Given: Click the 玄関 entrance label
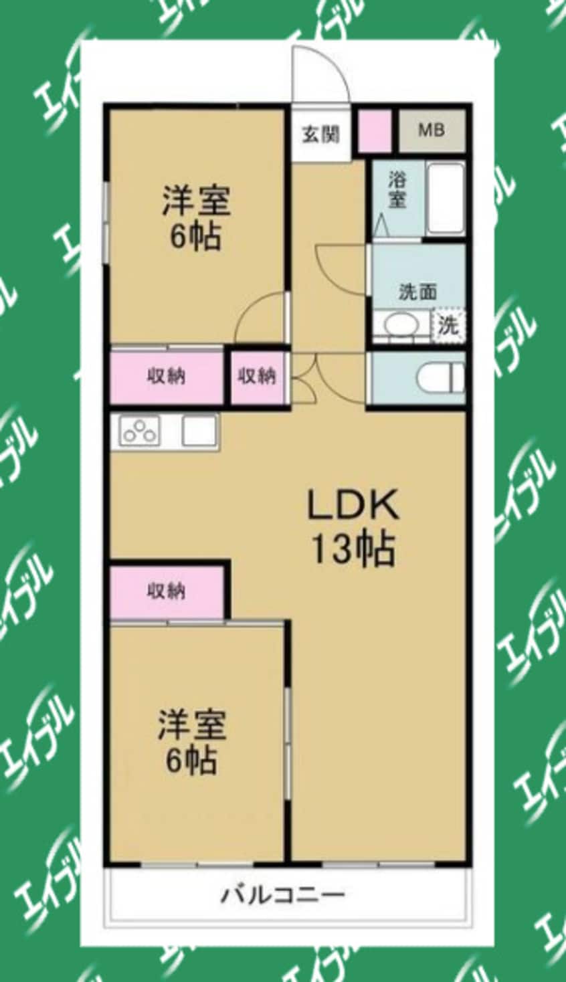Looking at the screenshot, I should tap(320, 134).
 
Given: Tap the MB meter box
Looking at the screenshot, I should tap(432, 130).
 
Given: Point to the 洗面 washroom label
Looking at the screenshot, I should tap(417, 292).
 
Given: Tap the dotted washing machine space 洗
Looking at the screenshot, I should tap(448, 326).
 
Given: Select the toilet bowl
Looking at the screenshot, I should tap(440, 377).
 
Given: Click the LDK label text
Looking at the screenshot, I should tap(353, 506).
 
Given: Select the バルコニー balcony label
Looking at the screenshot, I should tap(283, 894).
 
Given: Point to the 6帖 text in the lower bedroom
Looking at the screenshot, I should tap(191, 760).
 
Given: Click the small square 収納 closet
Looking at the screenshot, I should tap(257, 377).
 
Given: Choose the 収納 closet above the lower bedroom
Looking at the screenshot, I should tap(166, 591).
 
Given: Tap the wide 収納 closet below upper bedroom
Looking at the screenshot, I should tap(166, 377).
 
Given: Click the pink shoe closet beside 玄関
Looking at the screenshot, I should tap(374, 130).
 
